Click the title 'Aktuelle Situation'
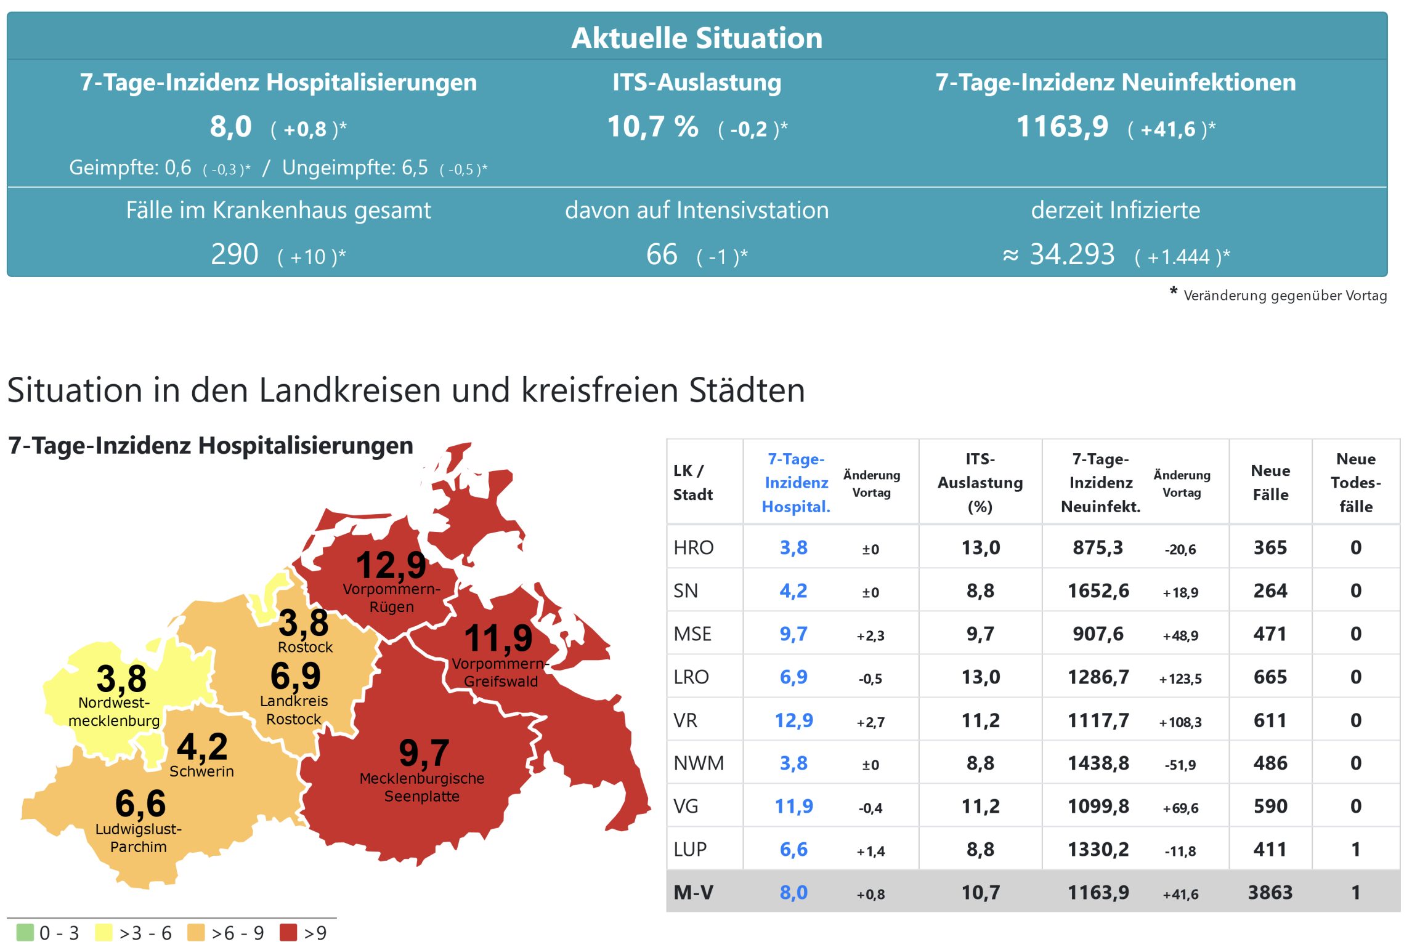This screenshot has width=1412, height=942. (x=697, y=38)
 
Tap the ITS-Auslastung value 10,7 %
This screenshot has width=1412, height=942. (x=652, y=127)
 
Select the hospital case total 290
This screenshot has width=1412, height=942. (x=234, y=254)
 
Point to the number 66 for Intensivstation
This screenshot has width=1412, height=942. (x=662, y=254)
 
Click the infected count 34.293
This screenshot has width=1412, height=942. (x=1072, y=254)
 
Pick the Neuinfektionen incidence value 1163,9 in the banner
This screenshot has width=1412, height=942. (x=1062, y=127)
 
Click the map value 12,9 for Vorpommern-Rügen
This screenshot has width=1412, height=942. (x=391, y=565)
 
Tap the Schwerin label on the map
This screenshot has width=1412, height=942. (x=201, y=771)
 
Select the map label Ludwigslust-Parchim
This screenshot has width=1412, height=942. (x=139, y=838)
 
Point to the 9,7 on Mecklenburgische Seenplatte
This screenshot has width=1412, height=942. (x=424, y=752)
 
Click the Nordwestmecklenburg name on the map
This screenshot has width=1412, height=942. (x=114, y=712)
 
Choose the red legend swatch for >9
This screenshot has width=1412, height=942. (x=288, y=932)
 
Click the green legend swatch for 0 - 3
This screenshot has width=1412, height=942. (x=25, y=932)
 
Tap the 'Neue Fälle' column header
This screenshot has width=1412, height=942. (x=1270, y=483)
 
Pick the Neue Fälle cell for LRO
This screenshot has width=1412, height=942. (x=1270, y=677)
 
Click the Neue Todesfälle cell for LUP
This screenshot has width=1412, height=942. (x=1356, y=849)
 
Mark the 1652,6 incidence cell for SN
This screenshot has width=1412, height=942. (x=1098, y=590)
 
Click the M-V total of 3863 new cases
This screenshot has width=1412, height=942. (x=1270, y=892)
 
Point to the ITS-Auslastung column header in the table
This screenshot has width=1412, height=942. (x=980, y=483)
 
